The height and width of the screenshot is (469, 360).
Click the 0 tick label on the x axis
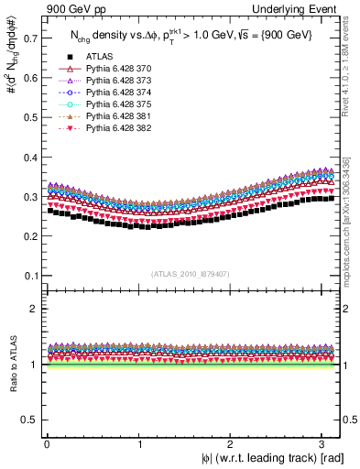pyautogui.click(x=47, y=443)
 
